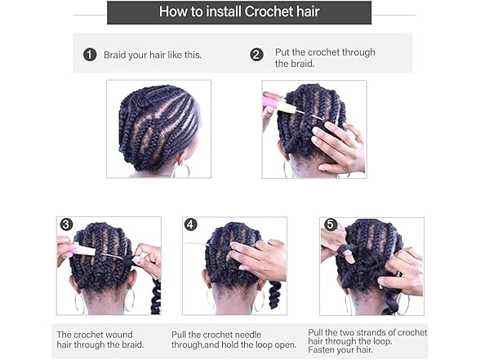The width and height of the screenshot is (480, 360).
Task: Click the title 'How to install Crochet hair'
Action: tap(239, 12)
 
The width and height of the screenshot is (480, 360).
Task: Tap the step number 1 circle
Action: tap(90, 55)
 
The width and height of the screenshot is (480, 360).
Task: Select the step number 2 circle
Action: tap(256, 55)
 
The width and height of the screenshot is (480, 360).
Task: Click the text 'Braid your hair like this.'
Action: tap(152, 55)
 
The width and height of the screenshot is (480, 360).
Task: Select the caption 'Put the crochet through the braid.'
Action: tap(324, 58)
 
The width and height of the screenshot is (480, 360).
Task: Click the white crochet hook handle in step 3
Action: tap(85, 250)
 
